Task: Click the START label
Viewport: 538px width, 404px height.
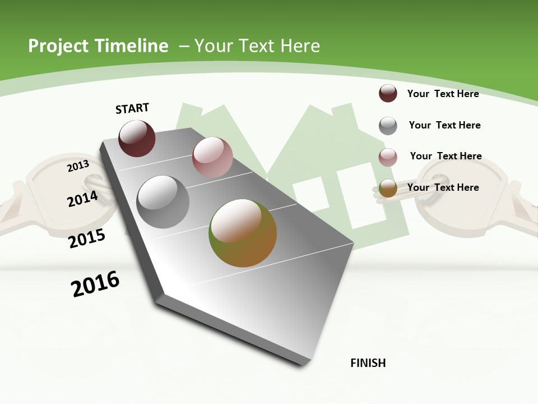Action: click(x=132, y=108)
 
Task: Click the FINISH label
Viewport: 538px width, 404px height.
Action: click(x=368, y=363)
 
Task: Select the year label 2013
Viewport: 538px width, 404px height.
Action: click(x=78, y=166)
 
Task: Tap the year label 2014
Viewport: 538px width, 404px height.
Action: click(x=82, y=199)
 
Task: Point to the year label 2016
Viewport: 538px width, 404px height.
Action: click(x=95, y=284)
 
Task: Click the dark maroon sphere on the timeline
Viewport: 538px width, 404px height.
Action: click(x=137, y=139)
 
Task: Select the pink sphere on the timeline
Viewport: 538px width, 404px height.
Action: click(x=212, y=157)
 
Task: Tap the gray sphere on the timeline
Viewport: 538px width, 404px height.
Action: click(x=163, y=202)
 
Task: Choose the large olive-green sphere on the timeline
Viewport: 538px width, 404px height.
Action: click(x=243, y=233)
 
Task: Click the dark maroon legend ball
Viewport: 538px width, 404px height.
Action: click(x=388, y=93)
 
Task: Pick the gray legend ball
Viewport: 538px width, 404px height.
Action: click(x=388, y=126)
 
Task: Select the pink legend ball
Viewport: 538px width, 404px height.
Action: click(x=388, y=157)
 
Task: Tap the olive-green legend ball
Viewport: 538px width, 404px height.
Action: click(x=388, y=189)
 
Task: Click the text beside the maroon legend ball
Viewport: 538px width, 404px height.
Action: click(x=443, y=94)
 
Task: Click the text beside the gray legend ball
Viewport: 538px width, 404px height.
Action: click(x=444, y=125)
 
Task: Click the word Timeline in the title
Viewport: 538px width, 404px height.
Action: click(x=132, y=46)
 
